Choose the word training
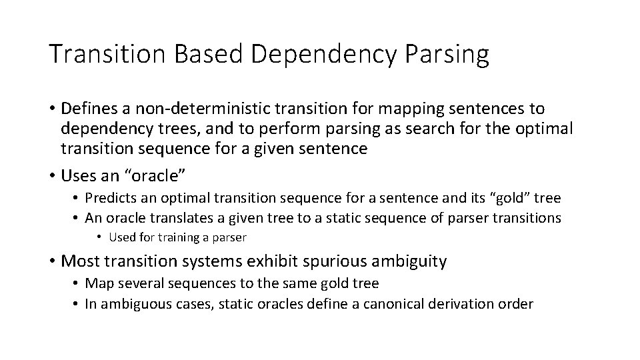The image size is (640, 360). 184,237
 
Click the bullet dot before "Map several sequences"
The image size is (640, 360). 77,284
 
